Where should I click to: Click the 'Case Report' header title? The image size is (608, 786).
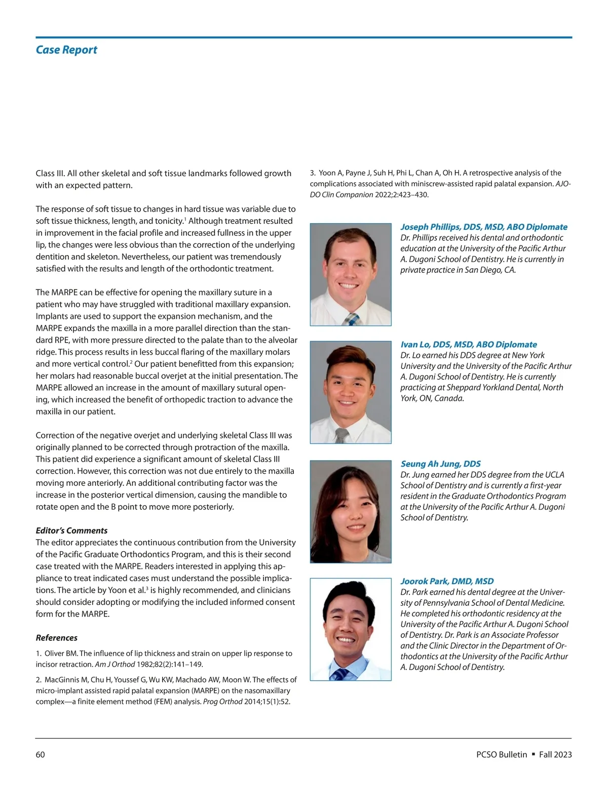point(66,50)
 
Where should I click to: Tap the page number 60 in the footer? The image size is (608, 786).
point(40,755)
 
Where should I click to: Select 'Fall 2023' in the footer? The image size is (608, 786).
point(555,755)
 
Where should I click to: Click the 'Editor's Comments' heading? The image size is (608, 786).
point(71,530)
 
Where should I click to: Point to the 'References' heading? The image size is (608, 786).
point(57,638)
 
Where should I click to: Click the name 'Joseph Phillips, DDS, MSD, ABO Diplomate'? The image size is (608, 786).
point(484,227)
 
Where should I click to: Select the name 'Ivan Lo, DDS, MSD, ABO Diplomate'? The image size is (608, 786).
point(469,344)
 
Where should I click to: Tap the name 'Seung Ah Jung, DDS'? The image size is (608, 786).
point(440,464)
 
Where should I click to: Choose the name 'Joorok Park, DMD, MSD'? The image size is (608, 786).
point(447,581)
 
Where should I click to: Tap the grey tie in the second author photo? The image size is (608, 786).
point(342,436)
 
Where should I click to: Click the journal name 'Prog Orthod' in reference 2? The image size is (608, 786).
point(222,701)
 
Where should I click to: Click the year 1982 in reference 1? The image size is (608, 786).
point(146,664)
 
